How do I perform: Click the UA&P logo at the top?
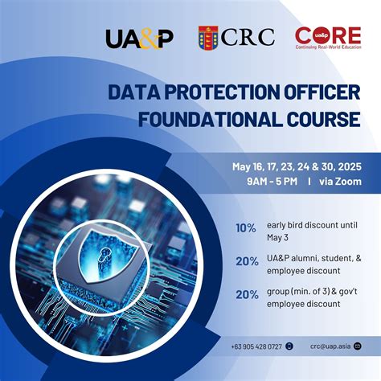tap(139, 38)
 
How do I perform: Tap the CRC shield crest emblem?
tap(209, 38)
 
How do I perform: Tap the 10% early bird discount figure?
tap(247, 227)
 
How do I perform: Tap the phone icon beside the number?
tap(289, 346)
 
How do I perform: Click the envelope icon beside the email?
tap(357, 346)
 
